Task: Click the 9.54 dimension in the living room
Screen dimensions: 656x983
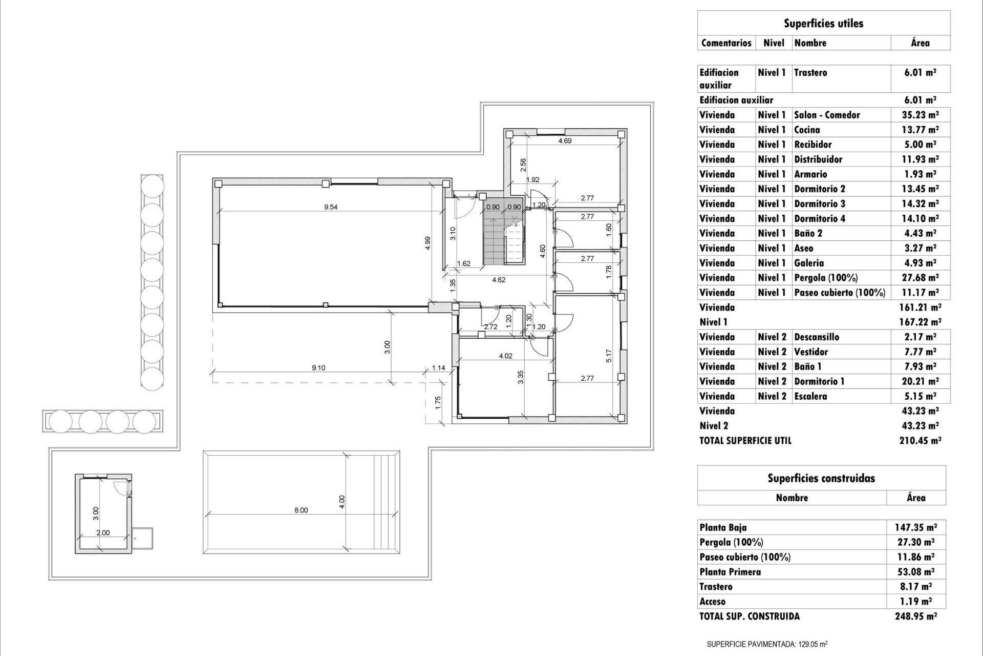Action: pos(331,207)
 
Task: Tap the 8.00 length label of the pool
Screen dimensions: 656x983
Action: pos(301,510)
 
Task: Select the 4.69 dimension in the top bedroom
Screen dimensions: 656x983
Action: pos(565,140)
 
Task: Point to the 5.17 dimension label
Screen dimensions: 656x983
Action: pos(608,356)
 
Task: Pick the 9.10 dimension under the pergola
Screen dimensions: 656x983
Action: pos(318,367)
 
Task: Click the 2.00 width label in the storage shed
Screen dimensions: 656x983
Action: pos(103,532)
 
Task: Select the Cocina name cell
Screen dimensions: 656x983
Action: pos(807,130)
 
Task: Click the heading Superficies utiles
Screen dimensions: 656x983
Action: pos(823,23)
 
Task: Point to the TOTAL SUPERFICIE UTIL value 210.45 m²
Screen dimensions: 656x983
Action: pos(920,440)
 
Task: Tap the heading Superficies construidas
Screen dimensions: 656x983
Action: pos(821,478)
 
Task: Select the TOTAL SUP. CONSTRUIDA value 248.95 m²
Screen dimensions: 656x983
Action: pos(915,616)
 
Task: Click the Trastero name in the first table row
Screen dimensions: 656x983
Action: pos(810,72)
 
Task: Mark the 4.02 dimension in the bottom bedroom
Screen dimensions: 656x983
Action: pos(505,356)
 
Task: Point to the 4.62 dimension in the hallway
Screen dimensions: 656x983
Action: pos(499,280)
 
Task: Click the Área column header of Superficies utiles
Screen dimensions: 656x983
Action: pos(920,43)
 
